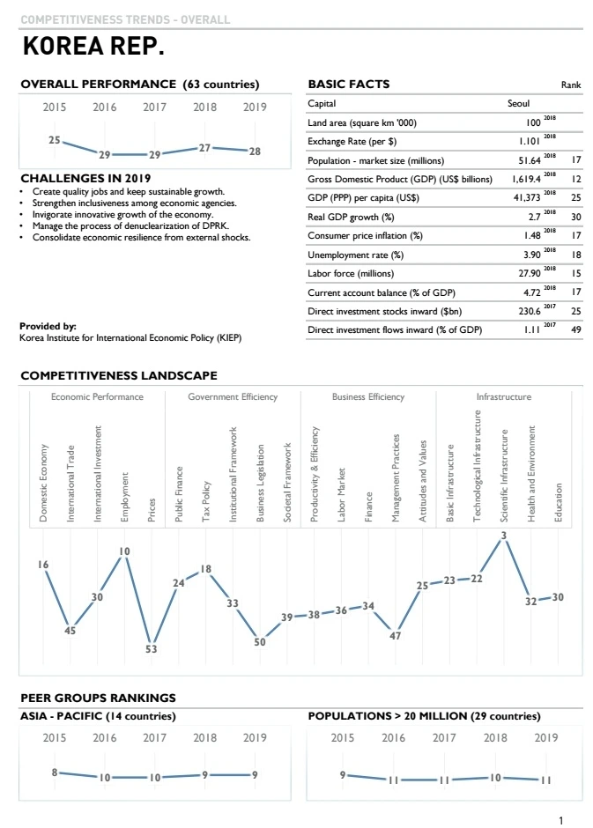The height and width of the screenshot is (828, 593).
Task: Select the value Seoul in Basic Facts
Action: pos(519,104)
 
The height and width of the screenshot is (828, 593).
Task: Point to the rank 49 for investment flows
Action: pos(575,330)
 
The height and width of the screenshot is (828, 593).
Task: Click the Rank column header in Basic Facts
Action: pos(571,85)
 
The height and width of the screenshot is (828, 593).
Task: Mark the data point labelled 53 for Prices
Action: pos(152,647)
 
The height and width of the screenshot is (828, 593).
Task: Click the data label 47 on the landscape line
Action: pos(396,635)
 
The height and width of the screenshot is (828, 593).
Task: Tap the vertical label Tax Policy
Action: pos(205,501)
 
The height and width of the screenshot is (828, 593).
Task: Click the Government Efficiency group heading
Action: pos(233,397)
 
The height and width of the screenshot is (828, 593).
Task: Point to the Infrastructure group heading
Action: pos(504,397)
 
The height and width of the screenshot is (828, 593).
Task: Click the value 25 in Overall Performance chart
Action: pos(55,140)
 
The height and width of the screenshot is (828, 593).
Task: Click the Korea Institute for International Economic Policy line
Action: pos(130,337)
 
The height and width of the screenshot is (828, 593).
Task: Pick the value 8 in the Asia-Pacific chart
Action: pos(55,773)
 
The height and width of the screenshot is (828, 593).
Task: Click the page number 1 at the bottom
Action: pos(560,821)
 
